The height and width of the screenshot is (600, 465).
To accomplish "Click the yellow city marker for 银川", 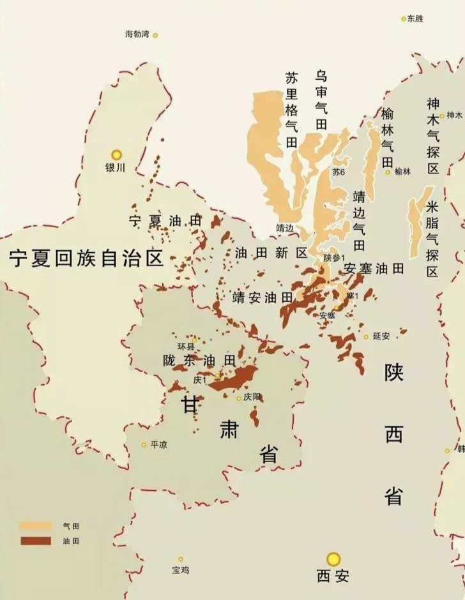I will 116,154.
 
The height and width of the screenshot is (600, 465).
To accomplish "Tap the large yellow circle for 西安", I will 333,560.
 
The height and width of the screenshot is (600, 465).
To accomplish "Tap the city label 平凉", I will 158,445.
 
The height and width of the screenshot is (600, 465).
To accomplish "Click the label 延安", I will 381,336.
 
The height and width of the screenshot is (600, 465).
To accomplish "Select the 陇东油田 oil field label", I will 199,361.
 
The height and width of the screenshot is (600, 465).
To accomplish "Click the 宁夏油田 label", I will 165,221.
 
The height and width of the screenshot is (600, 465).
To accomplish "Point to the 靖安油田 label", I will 263,297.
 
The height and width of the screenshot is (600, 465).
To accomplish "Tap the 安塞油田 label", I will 374,269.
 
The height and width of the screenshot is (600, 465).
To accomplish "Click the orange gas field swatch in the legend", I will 35,526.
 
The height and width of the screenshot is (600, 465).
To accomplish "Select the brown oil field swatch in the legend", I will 35,541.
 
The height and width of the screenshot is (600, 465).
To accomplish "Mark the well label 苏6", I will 339,172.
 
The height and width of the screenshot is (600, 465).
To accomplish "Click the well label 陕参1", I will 334,257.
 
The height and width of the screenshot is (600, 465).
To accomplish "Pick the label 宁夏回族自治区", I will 86,259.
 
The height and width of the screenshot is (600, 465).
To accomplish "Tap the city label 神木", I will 454,116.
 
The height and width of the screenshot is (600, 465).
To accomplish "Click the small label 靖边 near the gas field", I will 284,227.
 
